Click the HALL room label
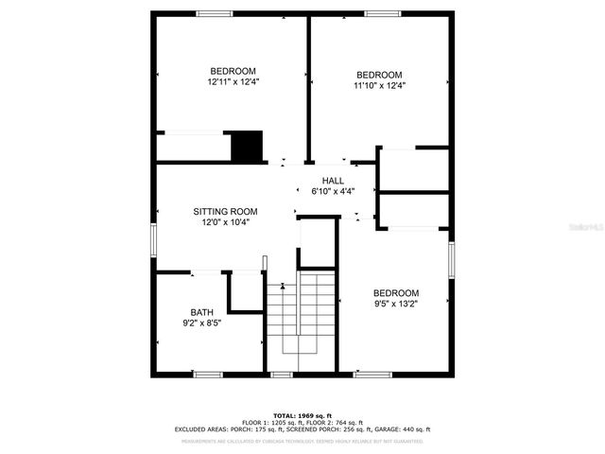coord(333,181)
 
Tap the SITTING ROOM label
coord(225,212)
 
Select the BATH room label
coord(202,312)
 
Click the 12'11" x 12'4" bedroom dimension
coord(233,82)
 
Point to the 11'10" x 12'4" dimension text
coord(379,86)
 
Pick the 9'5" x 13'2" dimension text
coord(395,304)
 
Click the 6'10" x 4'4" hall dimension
coord(333,191)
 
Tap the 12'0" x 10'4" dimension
coord(225,222)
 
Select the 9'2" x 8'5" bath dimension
coord(202,323)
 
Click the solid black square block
coord(247,147)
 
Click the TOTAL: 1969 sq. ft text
coord(302,415)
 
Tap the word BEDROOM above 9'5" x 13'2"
coord(395,293)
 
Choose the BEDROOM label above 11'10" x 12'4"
coord(379,76)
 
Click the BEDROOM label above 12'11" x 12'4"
coord(233,72)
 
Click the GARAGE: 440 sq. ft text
coord(402,429)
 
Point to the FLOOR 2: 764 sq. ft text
coord(334,423)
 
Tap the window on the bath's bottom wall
coord(208,375)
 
